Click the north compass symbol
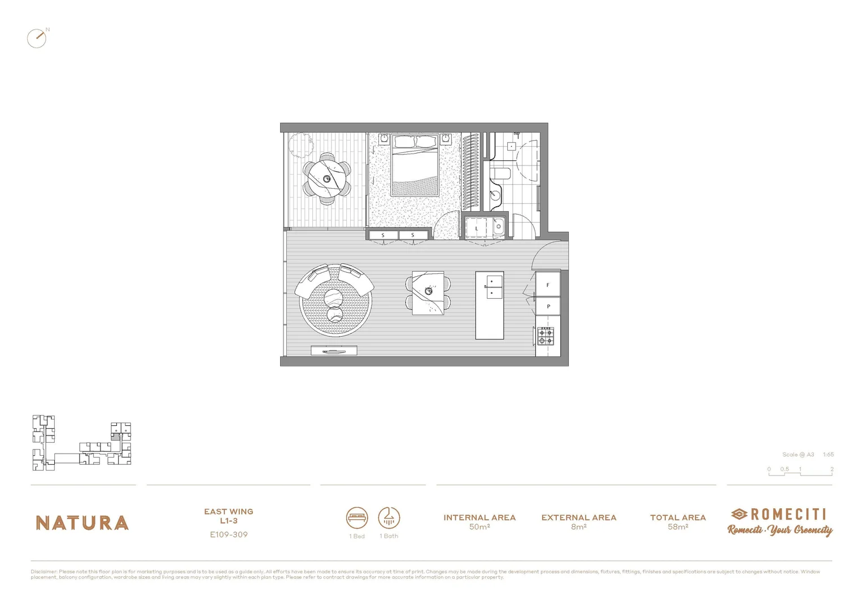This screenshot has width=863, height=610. (37, 38)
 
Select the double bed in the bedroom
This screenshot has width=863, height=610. (415, 165)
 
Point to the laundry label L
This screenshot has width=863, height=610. (476, 228)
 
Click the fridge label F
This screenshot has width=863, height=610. (547, 285)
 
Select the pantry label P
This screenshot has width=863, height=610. (548, 306)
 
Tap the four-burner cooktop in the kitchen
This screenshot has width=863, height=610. (545, 337)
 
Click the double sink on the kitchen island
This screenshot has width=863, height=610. (494, 286)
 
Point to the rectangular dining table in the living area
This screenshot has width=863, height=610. (428, 293)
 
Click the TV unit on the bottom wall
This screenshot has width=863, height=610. (334, 351)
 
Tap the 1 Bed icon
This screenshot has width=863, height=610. (357, 517)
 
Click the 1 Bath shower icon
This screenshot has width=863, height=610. (389, 517)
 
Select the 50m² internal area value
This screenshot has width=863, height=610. (480, 527)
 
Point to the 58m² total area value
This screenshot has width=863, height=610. (678, 527)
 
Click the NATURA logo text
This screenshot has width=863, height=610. (82, 523)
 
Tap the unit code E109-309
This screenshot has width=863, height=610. (229, 534)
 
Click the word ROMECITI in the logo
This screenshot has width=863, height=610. (788, 514)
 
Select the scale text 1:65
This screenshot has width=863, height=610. (828, 455)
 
